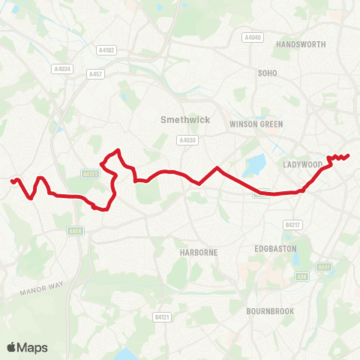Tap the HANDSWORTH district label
(301, 44)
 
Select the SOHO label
(268, 73)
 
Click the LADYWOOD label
(303, 164)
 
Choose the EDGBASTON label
(276, 248)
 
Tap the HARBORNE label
(199, 253)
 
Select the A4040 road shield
(251, 37)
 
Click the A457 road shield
(94, 74)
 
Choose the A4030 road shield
(187, 139)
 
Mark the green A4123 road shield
(88, 173)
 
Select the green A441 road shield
(324, 266)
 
